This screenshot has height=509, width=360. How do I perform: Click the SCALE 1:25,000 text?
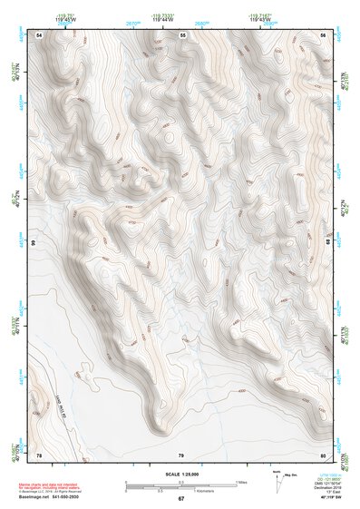coord(180,474)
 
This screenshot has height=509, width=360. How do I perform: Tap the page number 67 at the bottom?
coord(180,499)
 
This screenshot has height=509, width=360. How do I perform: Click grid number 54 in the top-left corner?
coord(39,34)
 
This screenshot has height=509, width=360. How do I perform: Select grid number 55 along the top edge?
coord(182,34)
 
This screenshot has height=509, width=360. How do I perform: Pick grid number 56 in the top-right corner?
coord(324,34)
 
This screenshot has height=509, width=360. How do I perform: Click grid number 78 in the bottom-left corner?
coord(39,454)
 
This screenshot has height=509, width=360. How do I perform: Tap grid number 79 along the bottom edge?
coord(180,454)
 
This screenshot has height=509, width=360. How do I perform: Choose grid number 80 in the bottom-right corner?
coord(324,454)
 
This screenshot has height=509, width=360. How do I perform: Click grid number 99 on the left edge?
coord(33,243)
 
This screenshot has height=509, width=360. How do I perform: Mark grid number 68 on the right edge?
coord(329,243)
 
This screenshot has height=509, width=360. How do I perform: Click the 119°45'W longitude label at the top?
coord(65,18)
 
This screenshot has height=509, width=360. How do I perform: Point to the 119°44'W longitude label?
coord(161,18)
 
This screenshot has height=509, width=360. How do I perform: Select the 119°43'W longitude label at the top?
coord(258,18)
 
